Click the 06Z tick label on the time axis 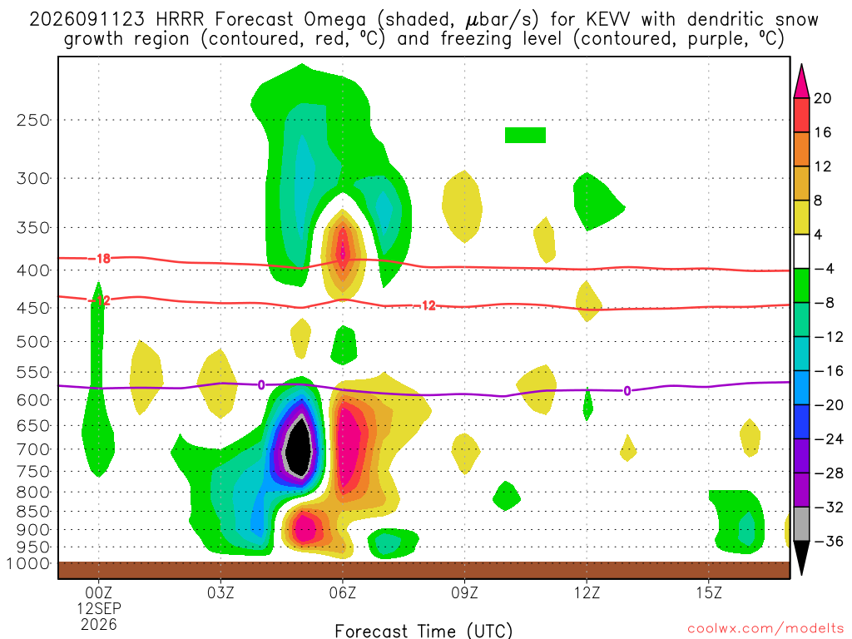click(x=342, y=592)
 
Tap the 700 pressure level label click(x=32, y=449)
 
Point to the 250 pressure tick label click(x=32, y=120)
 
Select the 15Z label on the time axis click(x=709, y=592)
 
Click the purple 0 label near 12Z click(x=627, y=391)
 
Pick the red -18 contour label click(x=100, y=259)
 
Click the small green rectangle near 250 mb click(x=525, y=136)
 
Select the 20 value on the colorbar click(x=823, y=98)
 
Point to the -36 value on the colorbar click(x=828, y=541)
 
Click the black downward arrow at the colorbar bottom click(x=801, y=557)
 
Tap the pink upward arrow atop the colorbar click(x=801, y=82)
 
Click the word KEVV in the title click(x=607, y=20)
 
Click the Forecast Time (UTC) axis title click(x=424, y=631)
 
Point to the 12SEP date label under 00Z click(x=99, y=608)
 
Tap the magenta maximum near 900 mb click(x=305, y=527)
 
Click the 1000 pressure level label click(x=28, y=564)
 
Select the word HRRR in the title click(x=180, y=20)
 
